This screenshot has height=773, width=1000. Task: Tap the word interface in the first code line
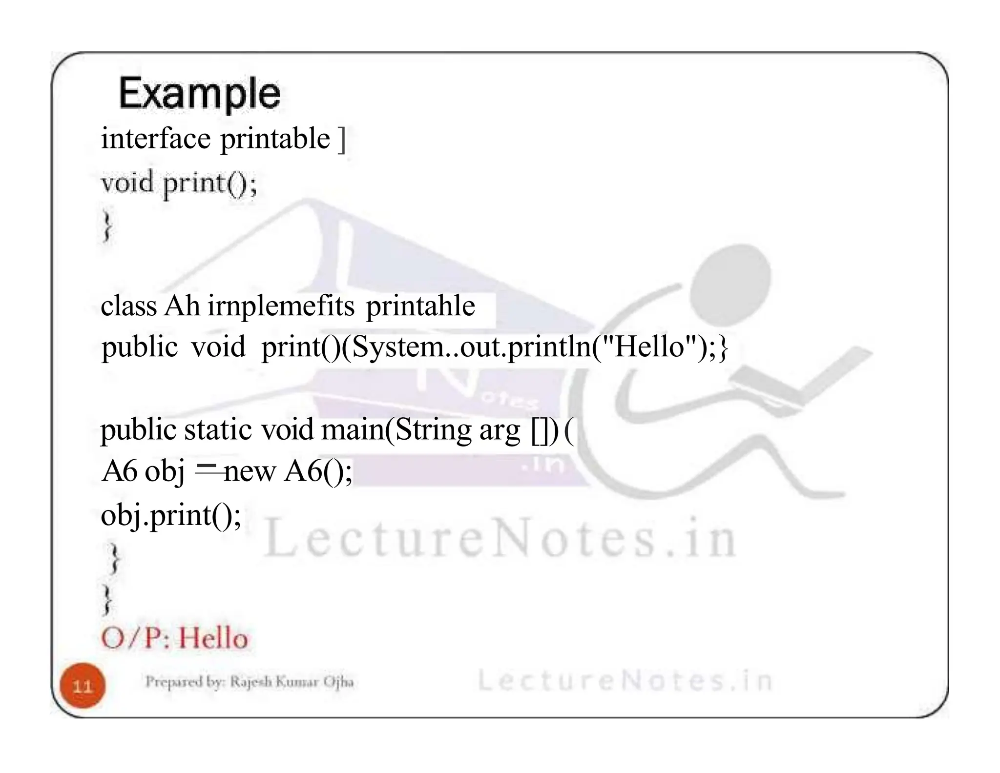tap(155, 139)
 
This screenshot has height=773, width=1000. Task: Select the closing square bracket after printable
tap(342, 140)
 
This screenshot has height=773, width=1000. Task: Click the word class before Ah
tap(128, 306)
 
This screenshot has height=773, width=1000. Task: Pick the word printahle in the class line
tap(420, 306)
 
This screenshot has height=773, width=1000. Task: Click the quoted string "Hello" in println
tap(649, 347)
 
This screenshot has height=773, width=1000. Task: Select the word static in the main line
tap(218, 430)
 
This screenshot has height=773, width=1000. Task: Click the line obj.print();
tap(171, 515)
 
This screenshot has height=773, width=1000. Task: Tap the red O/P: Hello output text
tap(175, 638)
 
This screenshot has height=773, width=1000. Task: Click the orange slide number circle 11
tap(83, 686)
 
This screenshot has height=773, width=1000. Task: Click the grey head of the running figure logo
tap(737, 275)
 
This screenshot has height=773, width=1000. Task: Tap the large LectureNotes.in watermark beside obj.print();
tap(500, 539)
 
